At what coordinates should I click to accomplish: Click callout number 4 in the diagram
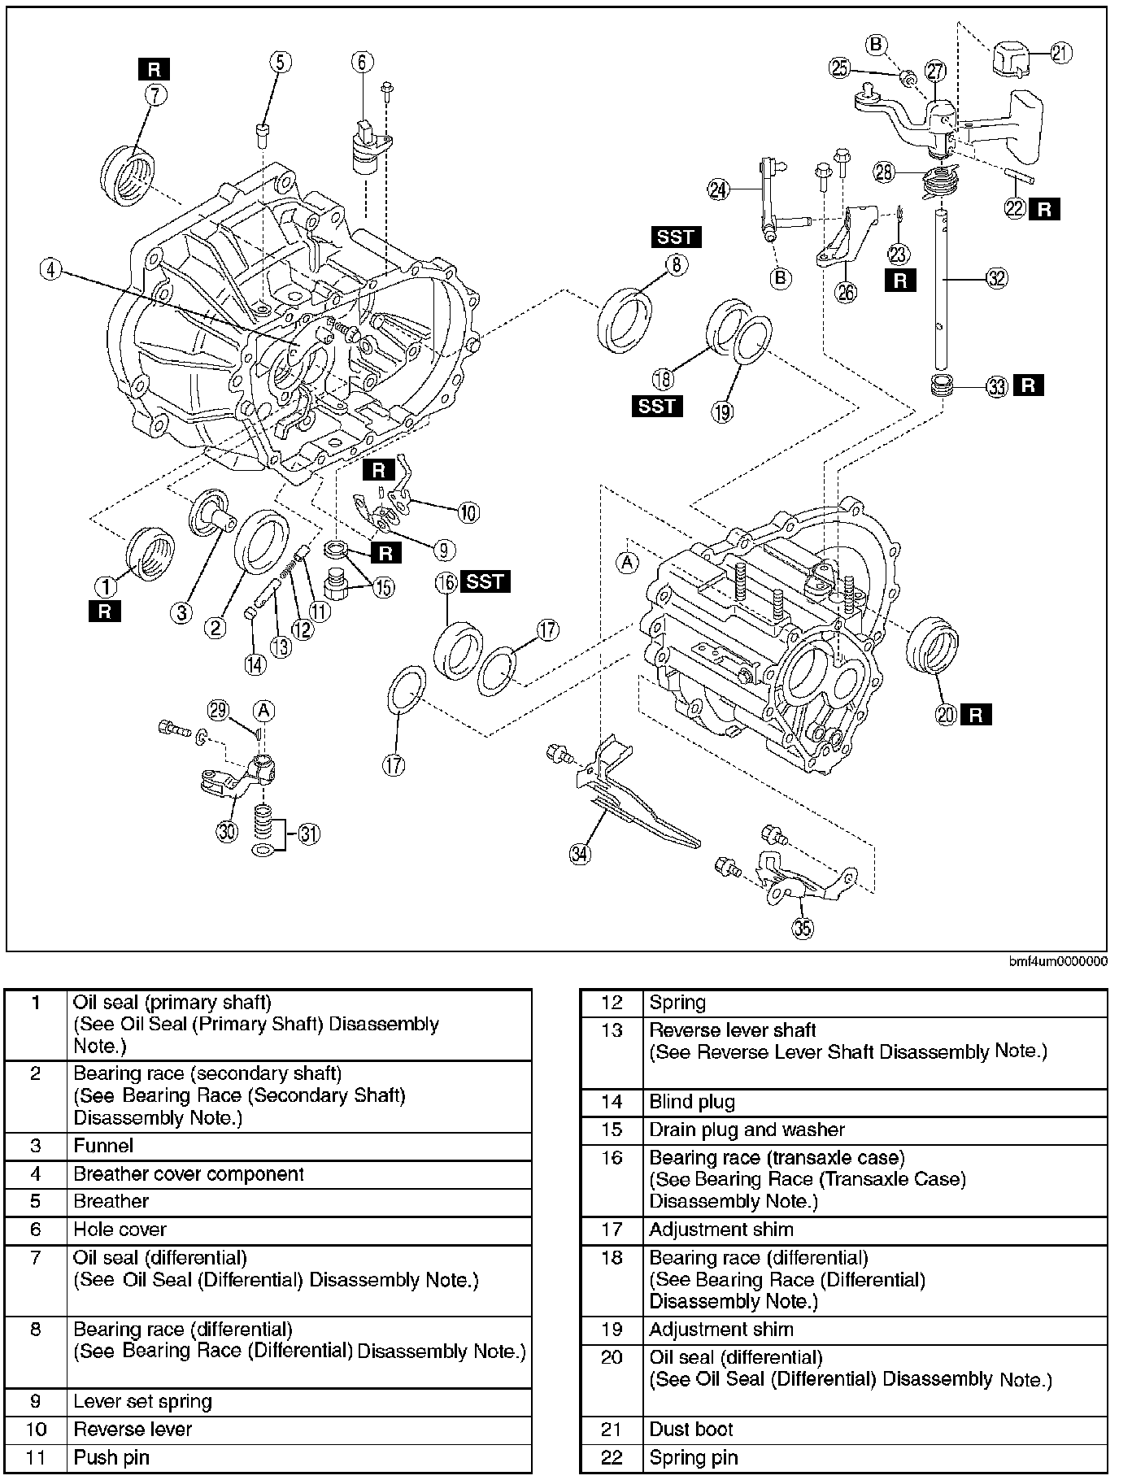[x=50, y=269]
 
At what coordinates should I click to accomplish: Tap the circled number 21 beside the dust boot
[x=1060, y=53]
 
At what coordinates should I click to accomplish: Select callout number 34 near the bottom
[x=580, y=853]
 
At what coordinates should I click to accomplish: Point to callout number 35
[x=803, y=929]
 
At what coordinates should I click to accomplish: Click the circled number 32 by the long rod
[x=996, y=278]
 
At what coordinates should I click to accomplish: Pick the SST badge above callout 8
[x=676, y=237]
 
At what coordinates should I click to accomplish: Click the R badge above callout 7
[x=154, y=69]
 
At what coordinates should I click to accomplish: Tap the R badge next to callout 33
[x=1028, y=385]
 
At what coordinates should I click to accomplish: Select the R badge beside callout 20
[x=976, y=715]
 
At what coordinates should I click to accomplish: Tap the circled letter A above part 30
[x=263, y=712]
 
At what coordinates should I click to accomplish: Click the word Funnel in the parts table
[x=103, y=1146]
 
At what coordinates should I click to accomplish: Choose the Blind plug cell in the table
[x=692, y=1102]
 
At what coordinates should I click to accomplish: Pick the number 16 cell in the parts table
[x=612, y=1157]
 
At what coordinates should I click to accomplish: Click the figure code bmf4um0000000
[x=1058, y=960]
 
